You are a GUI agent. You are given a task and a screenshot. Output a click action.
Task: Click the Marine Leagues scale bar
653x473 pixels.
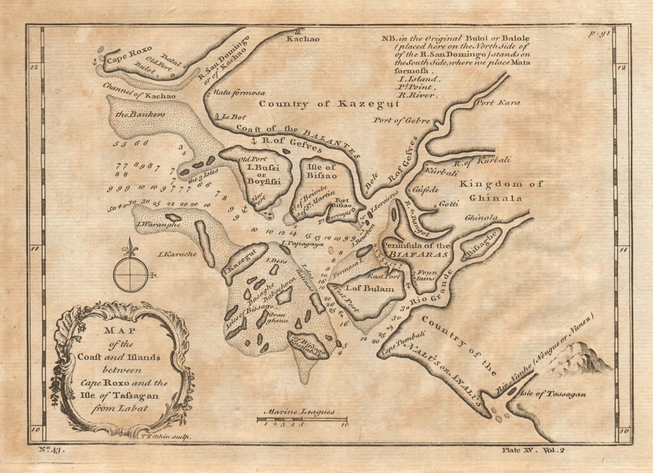coord(302,420)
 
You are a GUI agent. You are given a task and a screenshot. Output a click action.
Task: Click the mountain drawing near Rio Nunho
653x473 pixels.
coord(579,359)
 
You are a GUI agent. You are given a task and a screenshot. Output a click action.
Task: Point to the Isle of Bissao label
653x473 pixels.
coord(321,170)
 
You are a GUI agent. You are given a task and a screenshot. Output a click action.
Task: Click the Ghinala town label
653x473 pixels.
coord(481,218)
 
